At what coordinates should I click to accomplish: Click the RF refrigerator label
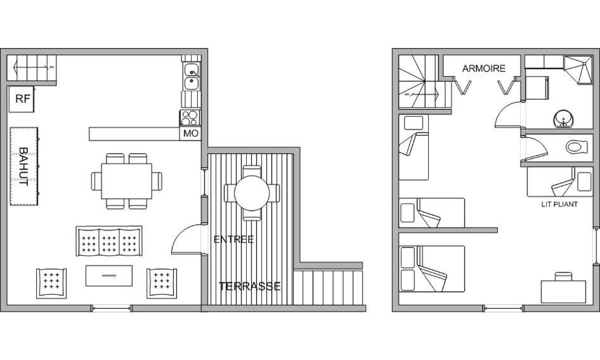(x=22, y=99)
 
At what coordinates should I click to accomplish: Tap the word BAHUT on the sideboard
(x=23, y=167)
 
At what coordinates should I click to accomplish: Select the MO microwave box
(x=190, y=134)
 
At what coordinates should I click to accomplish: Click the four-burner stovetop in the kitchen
(x=190, y=118)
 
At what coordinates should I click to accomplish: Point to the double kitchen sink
(x=191, y=77)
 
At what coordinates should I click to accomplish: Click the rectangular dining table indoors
(x=127, y=181)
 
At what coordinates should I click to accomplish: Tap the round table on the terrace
(x=252, y=193)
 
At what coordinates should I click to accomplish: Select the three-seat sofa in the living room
(x=109, y=241)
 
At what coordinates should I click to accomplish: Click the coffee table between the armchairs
(x=109, y=276)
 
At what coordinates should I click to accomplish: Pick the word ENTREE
(x=233, y=240)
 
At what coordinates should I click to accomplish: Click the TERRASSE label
(x=249, y=286)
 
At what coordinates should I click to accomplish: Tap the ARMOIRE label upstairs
(x=484, y=68)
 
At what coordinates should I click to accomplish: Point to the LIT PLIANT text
(x=559, y=204)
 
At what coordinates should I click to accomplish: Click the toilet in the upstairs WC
(x=577, y=147)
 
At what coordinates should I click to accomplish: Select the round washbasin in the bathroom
(x=563, y=119)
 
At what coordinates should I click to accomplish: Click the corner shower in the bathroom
(x=578, y=69)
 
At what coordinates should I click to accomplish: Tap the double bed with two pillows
(x=432, y=269)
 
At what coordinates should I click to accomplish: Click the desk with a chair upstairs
(x=563, y=289)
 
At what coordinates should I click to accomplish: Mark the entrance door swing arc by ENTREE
(x=186, y=239)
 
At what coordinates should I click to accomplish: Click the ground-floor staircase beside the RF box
(x=32, y=68)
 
